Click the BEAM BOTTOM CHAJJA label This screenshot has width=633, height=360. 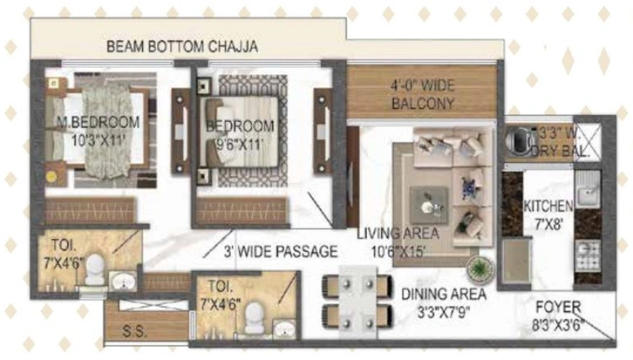click(x=182, y=46)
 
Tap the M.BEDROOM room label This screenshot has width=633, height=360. click(x=99, y=122)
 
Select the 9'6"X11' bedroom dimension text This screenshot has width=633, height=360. click(x=240, y=144)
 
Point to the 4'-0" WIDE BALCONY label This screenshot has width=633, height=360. click(x=423, y=94)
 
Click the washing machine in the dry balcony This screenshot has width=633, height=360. click(x=520, y=141)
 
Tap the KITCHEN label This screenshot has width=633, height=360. click(x=548, y=207)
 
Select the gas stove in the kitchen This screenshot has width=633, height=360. click(x=588, y=256)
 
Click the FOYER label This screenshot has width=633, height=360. click(x=558, y=307)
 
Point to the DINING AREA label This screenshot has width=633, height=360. click(x=444, y=295)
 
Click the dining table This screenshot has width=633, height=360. click(x=357, y=302)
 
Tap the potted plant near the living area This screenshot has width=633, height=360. click(x=480, y=268)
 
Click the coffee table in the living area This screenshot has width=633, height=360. click(x=429, y=206)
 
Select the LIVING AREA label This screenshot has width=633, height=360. click(x=398, y=234)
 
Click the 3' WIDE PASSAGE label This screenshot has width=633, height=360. click(x=281, y=251)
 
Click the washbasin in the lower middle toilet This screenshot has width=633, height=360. click(x=284, y=329)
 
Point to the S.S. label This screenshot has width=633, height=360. click(x=134, y=332)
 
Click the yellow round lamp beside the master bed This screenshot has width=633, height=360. click(x=51, y=176)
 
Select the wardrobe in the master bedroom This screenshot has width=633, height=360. click(x=90, y=211)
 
